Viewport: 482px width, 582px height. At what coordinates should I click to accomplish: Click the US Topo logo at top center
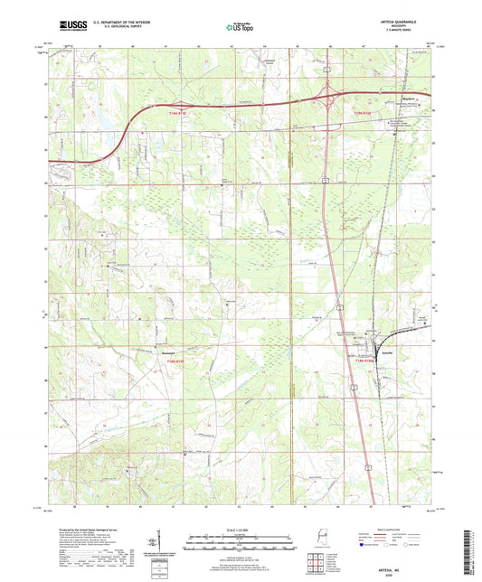pos(240,29)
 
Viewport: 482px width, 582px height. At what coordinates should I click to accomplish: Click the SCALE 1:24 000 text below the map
pos(241,529)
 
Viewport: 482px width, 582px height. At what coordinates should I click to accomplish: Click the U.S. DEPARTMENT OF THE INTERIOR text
pos(119,25)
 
